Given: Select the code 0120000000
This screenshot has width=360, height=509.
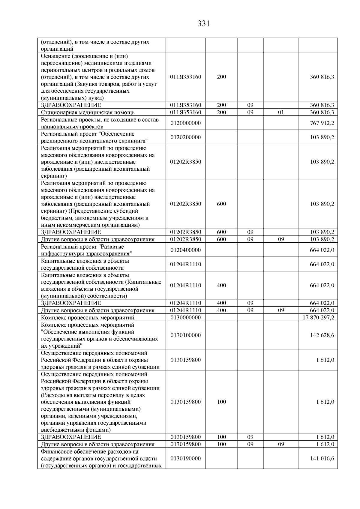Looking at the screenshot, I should [185, 123].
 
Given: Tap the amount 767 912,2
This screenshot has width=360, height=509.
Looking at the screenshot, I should [322, 123].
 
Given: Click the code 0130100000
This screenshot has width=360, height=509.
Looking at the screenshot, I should [185, 335].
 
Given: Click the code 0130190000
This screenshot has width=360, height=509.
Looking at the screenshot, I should [185, 458].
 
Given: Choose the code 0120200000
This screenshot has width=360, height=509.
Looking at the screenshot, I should [185, 137].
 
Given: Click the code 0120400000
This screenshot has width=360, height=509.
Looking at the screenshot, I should [185, 250].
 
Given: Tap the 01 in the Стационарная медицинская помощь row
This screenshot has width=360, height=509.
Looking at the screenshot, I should [281, 112].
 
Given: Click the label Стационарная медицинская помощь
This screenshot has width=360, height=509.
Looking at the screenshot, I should [88, 112].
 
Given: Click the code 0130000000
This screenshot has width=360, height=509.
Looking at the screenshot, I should [185, 317].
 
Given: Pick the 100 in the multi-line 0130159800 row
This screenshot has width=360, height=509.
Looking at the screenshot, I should [221, 402].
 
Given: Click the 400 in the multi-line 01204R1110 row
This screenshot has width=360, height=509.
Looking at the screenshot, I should [221, 285].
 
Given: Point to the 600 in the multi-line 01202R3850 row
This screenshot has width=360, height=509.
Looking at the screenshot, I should [221, 204].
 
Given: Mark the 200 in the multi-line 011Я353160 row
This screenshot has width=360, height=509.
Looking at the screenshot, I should [221, 77].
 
